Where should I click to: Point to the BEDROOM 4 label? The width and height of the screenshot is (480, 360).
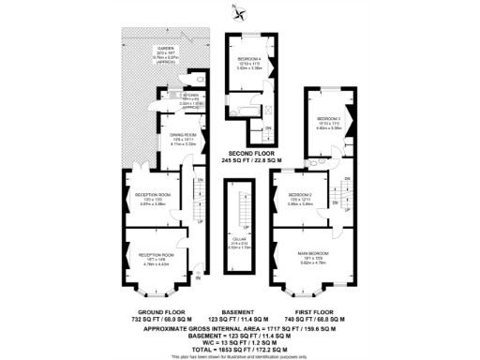click(250, 58)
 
